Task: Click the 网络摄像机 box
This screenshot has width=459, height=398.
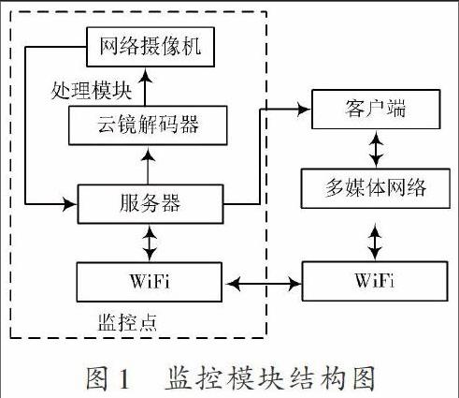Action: point(151,47)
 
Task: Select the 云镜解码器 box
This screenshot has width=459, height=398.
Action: point(148,125)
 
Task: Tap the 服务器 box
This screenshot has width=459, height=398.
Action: point(151,204)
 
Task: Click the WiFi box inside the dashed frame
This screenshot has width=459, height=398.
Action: point(150,282)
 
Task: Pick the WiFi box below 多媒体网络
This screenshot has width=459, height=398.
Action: point(375,281)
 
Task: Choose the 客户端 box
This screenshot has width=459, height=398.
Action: point(376,110)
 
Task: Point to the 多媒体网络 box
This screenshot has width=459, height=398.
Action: point(376,188)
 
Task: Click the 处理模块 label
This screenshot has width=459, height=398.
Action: point(92,91)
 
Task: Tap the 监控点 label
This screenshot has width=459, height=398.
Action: point(127,322)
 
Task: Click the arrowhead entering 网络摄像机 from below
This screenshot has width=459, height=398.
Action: point(145,76)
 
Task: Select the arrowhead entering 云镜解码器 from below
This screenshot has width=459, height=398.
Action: point(148,155)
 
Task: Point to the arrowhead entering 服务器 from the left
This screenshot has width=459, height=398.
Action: point(70,204)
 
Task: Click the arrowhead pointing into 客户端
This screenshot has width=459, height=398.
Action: point(304,110)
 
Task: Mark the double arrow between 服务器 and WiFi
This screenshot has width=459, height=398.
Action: point(150,243)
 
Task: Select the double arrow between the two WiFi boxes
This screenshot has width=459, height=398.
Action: point(264,283)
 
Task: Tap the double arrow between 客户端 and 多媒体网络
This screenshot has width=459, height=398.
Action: point(376,149)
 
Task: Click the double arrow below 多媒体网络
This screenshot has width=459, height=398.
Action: point(375,243)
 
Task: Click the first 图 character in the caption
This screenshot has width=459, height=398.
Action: point(97,378)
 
